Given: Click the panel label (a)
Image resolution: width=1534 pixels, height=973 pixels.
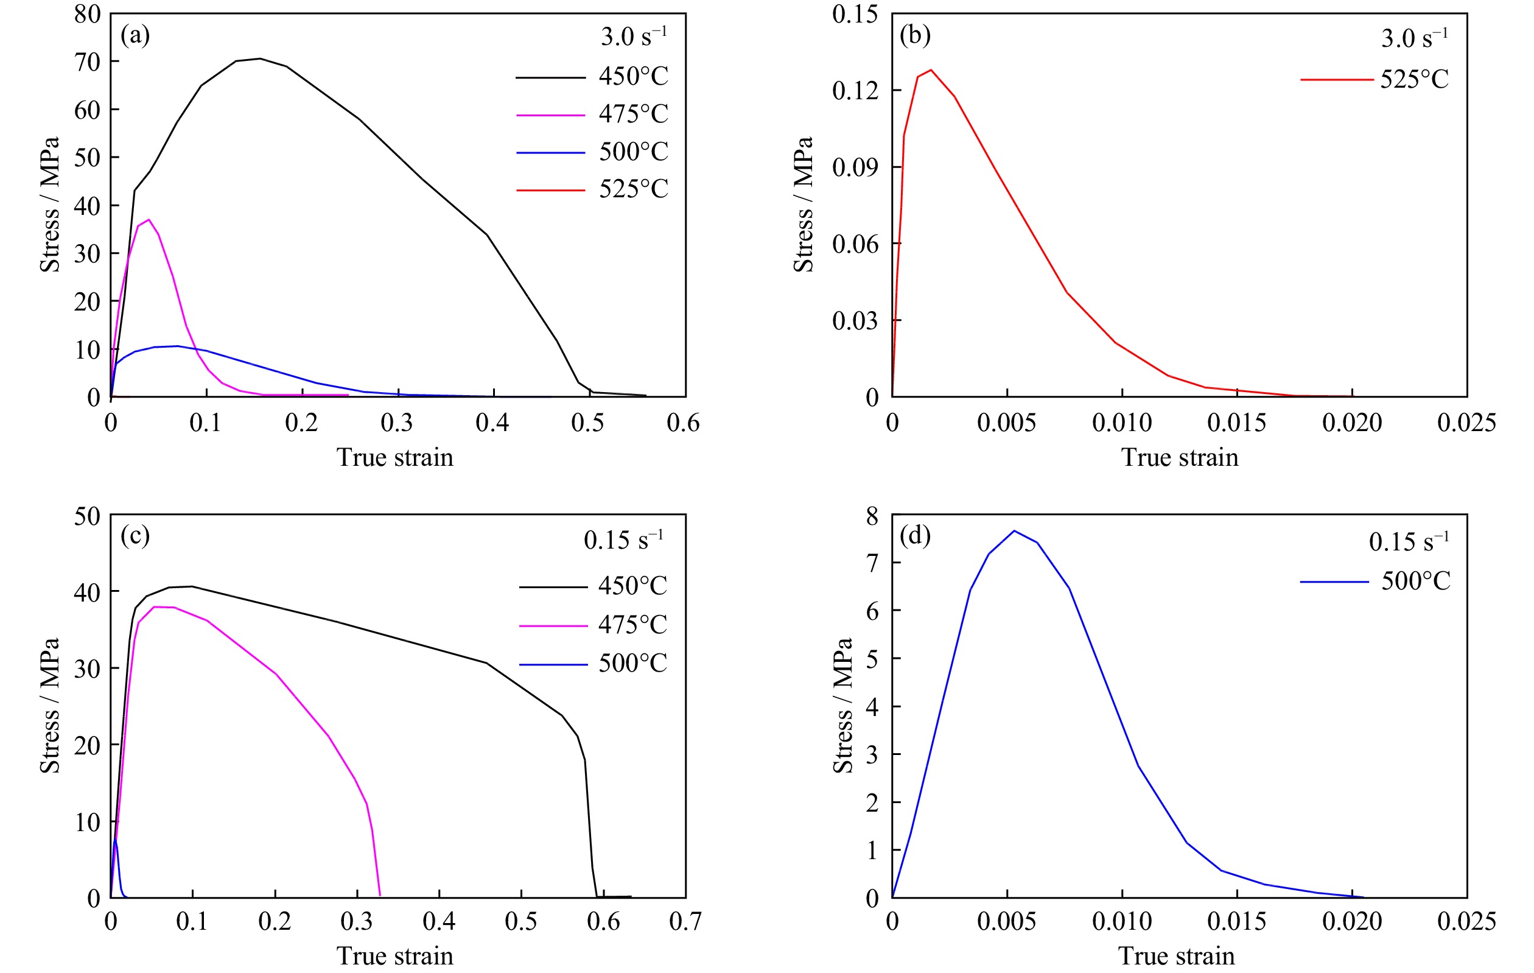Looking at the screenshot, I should tap(135, 36).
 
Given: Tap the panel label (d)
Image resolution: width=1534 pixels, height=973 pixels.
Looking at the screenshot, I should tap(915, 536).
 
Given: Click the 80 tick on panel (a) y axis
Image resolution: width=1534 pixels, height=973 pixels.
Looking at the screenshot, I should tap(87, 14).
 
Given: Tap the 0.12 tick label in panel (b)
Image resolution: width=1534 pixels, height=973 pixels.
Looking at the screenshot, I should tap(855, 91).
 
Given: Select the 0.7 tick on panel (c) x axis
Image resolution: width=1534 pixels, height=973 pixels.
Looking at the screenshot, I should tap(685, 921).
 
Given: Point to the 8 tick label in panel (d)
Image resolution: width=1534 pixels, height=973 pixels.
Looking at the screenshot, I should tap(872, 516).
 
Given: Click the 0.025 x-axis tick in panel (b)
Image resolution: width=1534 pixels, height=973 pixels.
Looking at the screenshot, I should tap(1466, 423).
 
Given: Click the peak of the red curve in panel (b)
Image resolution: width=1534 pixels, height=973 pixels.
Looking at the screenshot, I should tap(931, 70).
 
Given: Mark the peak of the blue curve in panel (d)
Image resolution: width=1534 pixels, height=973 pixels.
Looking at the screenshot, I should tap(1014, 531).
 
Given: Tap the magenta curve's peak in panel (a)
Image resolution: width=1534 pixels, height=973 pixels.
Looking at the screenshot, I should tap(149, 220).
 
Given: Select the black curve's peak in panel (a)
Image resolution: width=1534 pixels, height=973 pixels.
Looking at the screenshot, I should tap(259, 58).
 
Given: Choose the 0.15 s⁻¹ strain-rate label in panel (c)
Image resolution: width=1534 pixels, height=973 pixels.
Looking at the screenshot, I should tap(623, 539).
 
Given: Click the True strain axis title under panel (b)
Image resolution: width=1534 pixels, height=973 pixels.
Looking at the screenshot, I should tap(1179, 457).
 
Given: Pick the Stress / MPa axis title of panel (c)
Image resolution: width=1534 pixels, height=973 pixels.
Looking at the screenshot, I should tap(50, 705).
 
